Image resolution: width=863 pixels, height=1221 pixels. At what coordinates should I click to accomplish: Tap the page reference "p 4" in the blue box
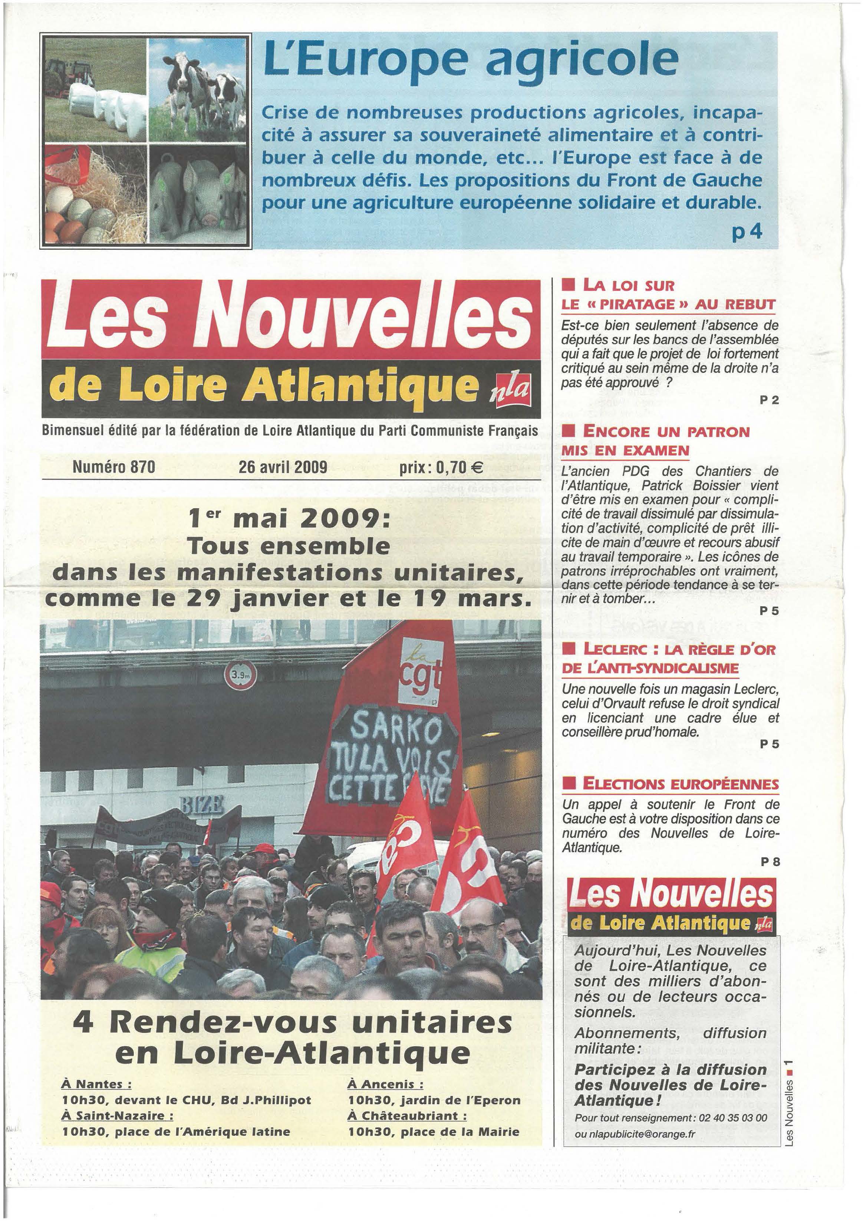tap(747, 232)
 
